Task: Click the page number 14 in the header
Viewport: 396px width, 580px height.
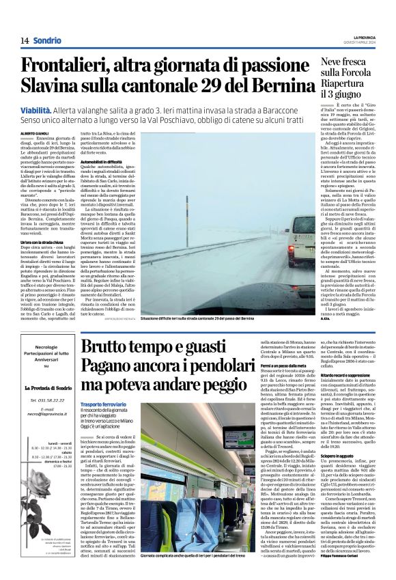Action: [24, 41]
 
